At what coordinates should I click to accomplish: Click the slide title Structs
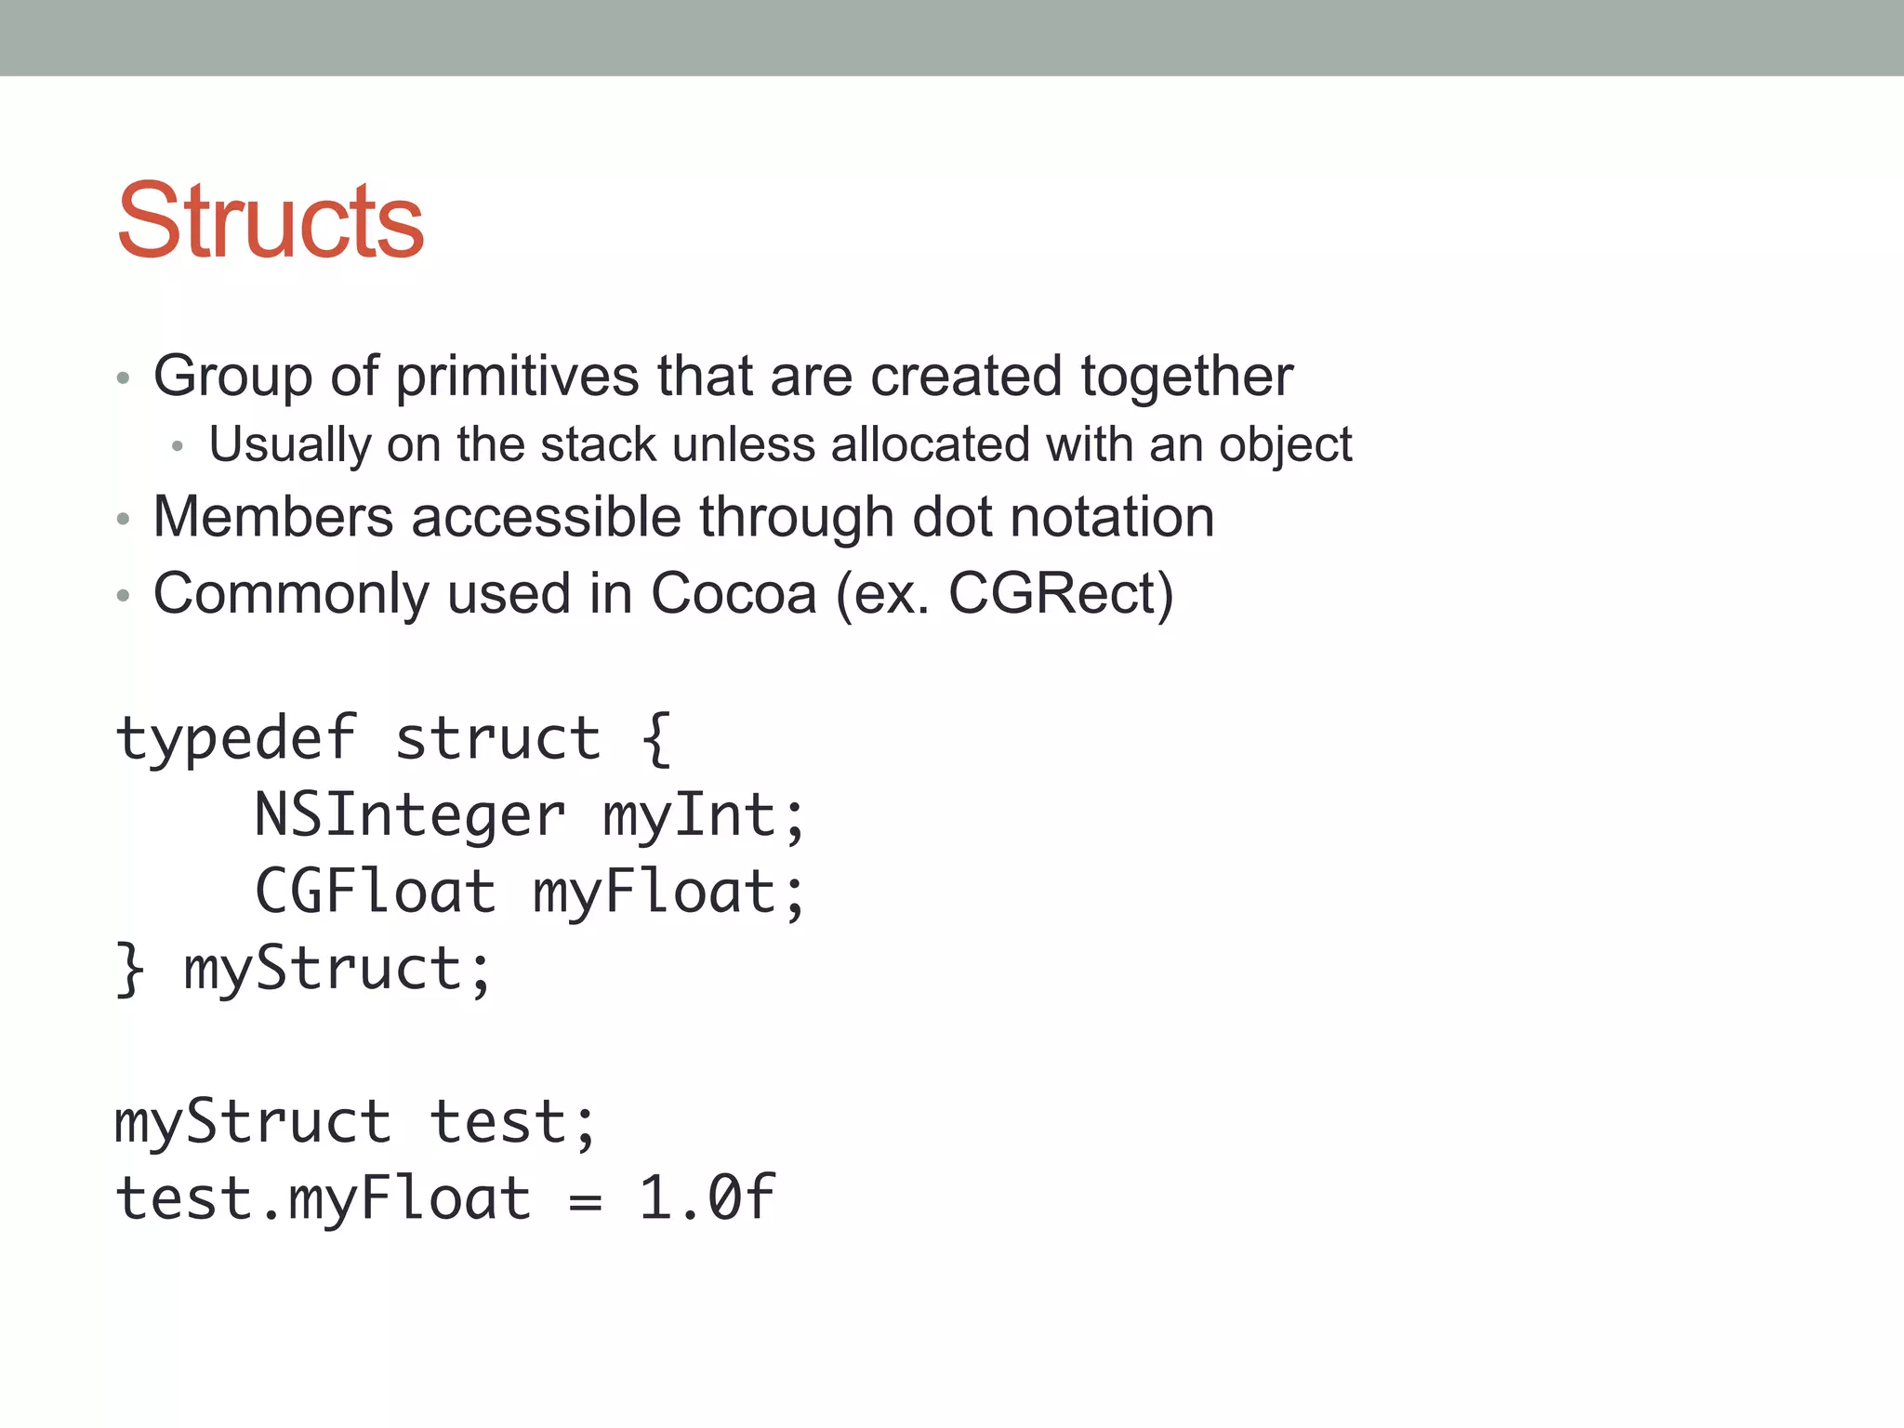coord(271,221)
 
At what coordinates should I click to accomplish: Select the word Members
coord(273,517)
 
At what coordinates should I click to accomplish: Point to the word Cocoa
coord(734,594)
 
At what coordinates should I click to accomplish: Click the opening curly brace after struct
coord(656,739)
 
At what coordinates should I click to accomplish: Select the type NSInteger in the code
coord(410,815)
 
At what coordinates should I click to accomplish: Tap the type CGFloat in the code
coord(376,892)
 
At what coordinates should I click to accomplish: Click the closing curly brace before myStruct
coord(130,969)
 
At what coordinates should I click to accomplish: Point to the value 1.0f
coord(707,1197)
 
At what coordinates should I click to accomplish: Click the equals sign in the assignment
coord(585,1201)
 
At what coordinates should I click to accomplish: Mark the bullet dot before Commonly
coord(123,596)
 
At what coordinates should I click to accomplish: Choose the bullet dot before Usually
coord(178,447)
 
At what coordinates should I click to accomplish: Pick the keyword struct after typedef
coord(497,739)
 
